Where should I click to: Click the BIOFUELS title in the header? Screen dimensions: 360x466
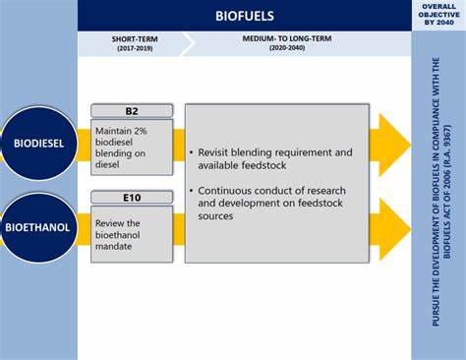[245, 16]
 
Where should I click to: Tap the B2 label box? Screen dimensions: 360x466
[132, 110]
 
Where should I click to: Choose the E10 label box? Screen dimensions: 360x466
[132, 197]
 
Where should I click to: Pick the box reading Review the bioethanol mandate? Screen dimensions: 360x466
[132, 233]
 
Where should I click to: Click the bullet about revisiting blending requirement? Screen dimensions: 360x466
[274, 159]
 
